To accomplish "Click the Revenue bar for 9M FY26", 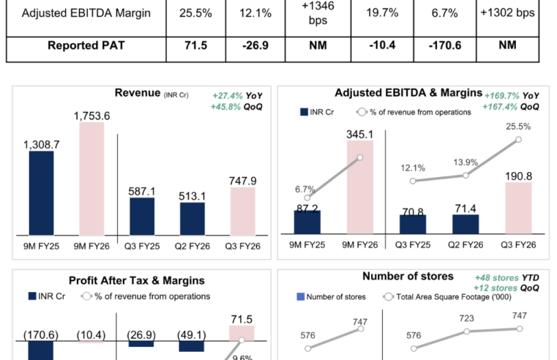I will (92, 179).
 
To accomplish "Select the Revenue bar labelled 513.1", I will (192, 219).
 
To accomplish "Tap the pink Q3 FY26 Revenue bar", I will (242, 211).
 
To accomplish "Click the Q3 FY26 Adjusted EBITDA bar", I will (519, 209).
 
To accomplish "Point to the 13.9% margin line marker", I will (466, 176).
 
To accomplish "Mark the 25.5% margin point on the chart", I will (519, 139).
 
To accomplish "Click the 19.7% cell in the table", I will (378, 14).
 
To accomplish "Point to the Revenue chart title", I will (138, 92).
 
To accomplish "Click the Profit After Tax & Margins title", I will (136, 280).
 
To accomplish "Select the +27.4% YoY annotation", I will (237, 96).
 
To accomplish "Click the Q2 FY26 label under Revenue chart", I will (192, 247).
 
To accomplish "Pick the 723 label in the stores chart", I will (466, 320).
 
